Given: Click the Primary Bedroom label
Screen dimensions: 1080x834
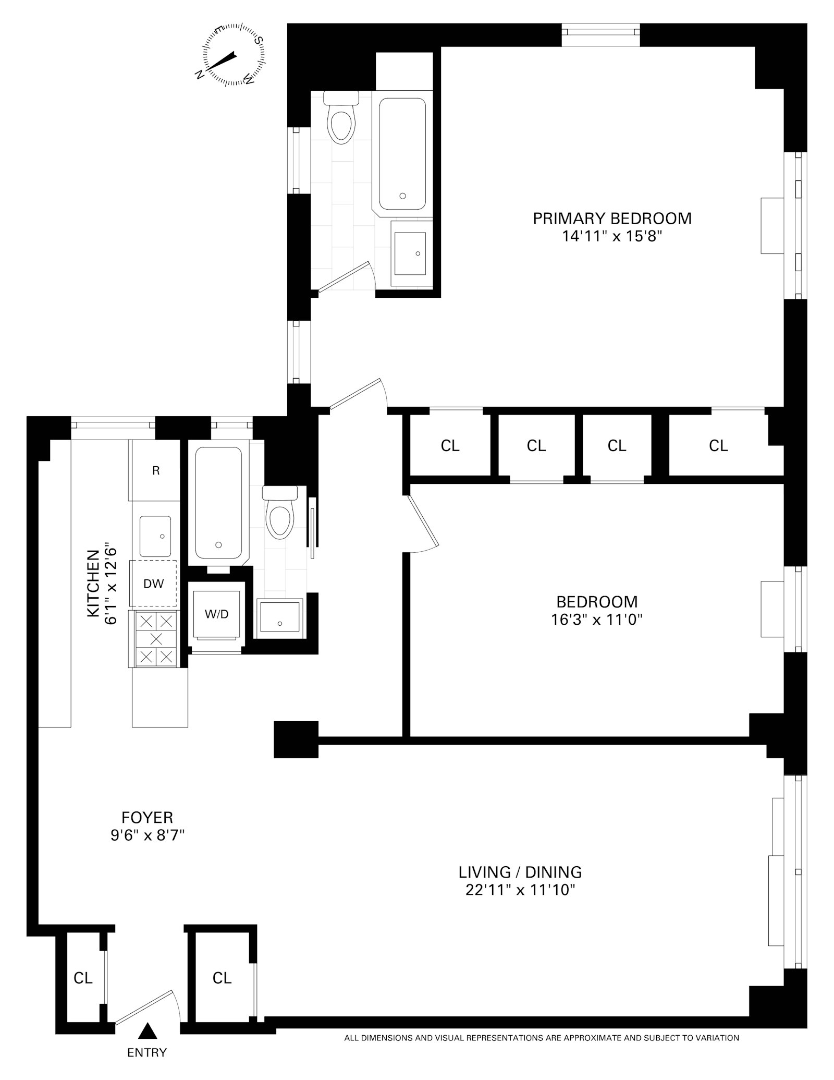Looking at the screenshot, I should [612, 218].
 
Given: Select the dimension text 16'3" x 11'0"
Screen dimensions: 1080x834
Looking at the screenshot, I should [596, 620].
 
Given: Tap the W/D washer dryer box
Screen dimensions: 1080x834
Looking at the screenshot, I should [216, 614].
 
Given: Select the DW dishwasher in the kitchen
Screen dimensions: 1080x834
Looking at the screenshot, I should [153, 584].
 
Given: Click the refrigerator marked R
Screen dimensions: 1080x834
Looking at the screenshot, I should [155, 470].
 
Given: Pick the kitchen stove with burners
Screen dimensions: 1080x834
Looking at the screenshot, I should [156, 638].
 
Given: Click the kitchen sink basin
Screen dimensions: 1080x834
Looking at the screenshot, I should [155, 536].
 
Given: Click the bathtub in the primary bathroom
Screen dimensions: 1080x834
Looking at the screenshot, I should [402, 154].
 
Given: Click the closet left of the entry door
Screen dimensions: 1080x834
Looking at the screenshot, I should [83, 978].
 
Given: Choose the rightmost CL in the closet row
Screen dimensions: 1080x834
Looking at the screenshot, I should [718, 445].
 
